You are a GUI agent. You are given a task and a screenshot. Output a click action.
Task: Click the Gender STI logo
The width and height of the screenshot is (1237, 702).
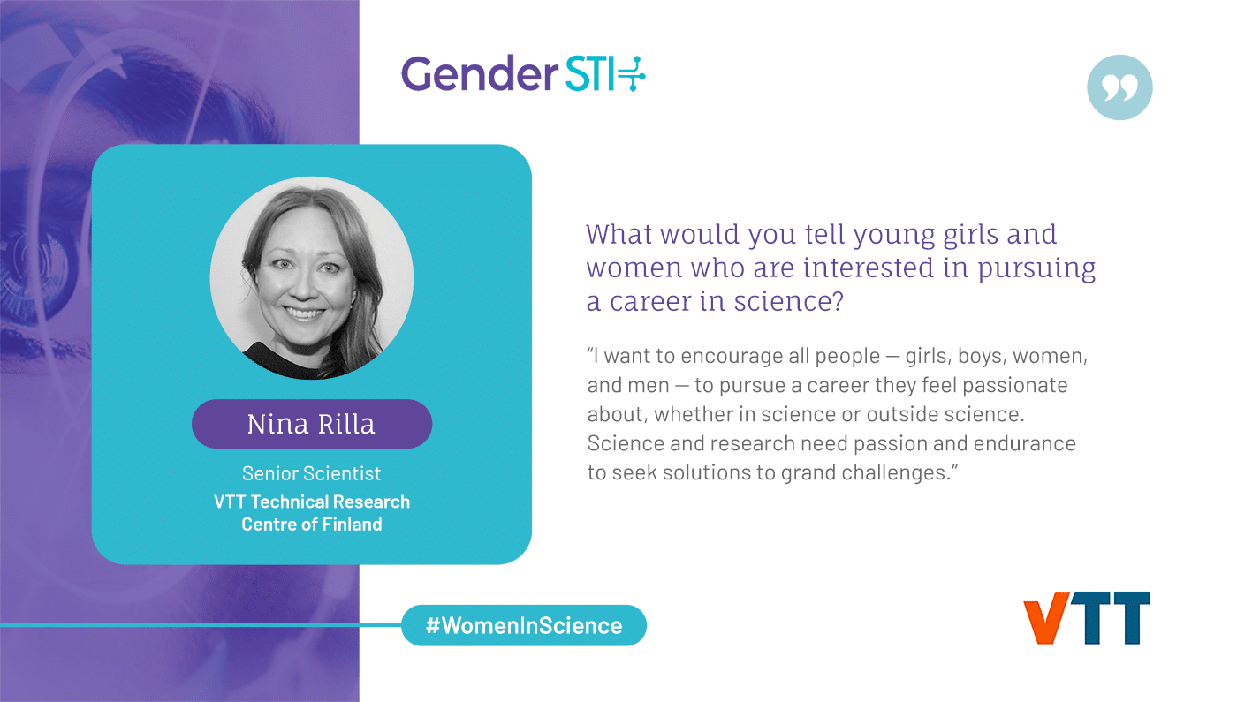523,73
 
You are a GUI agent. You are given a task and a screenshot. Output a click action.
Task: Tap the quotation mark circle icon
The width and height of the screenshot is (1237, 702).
1119,87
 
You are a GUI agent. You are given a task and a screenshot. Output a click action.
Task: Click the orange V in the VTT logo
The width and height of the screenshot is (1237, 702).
1046,617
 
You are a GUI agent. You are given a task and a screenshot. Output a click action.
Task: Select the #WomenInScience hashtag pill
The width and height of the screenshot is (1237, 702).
523,625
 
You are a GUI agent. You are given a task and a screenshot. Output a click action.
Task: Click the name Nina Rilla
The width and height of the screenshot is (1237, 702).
311,424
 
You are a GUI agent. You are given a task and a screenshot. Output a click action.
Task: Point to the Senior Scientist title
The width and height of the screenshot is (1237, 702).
311,473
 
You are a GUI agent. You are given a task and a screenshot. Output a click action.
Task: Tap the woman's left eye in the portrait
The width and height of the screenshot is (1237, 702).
330,268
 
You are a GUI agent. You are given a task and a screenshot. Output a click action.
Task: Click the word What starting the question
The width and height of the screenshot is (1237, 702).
619,234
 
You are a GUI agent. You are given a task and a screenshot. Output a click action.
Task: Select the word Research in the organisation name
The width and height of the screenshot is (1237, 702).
372,502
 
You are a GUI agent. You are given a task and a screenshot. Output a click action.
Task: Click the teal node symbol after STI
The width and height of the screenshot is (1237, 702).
631,73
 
